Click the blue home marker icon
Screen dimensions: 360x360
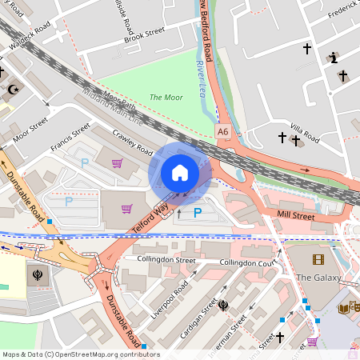(x=180, y=172)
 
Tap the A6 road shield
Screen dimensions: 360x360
(x=222, y=130)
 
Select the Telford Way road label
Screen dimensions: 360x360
(x=150, y=218)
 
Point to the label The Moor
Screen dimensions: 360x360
(x=166, y=97)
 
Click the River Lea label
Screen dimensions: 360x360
(x=199, y=70)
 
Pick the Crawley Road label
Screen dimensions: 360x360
(x=132, y=143)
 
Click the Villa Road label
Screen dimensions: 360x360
(x=305, y=132)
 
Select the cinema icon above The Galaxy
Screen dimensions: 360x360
(x=319, y=259)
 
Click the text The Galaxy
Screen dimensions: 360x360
(x=318, y=278)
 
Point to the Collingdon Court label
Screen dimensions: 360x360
(x=248, y=262)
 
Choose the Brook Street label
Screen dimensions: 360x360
(x=144, y=34)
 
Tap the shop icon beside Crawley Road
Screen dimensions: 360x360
(x=118, y=163)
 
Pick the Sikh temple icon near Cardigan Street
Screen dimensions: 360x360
(x=224, y=304)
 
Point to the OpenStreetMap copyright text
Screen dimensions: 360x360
(x=80, y=354)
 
